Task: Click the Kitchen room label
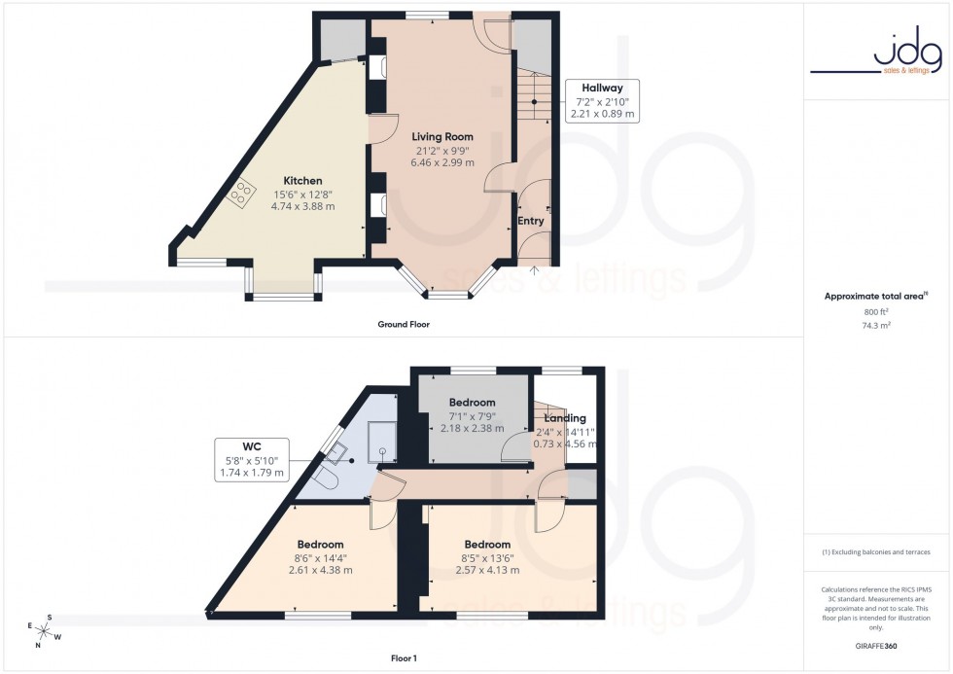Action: [302, 181]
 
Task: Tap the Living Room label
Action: [442, 136]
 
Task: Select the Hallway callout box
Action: [602, 100]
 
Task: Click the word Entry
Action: [531, 221]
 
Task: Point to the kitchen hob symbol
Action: [238, 195]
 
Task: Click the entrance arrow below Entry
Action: [534, 269]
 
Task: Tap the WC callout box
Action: [252, 459]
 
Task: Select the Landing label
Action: [564, 418]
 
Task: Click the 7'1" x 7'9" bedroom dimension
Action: [472, 415]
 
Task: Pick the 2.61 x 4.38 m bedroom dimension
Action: [320, 570]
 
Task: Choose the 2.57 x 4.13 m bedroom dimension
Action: [487, 570]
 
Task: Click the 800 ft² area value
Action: [877, 311]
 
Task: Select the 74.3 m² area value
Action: [877, 326]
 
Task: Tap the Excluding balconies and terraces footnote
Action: [877, 552]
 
